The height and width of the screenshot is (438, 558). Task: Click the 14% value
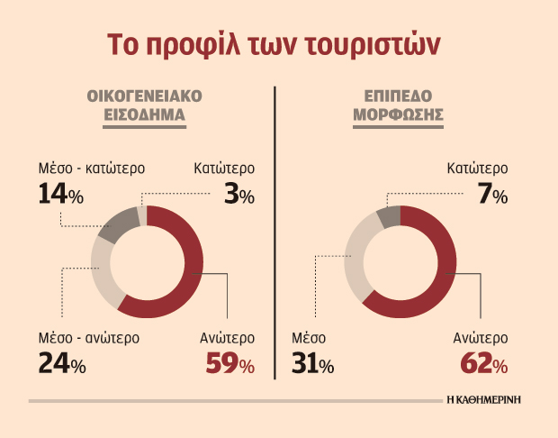coord(61,193)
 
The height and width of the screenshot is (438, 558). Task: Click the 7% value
coord(494,193)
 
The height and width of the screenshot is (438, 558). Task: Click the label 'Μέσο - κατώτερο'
coord(92,168)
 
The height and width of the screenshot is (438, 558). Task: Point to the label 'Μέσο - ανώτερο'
coord(89,339)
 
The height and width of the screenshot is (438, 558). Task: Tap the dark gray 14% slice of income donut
coord(114,228)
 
